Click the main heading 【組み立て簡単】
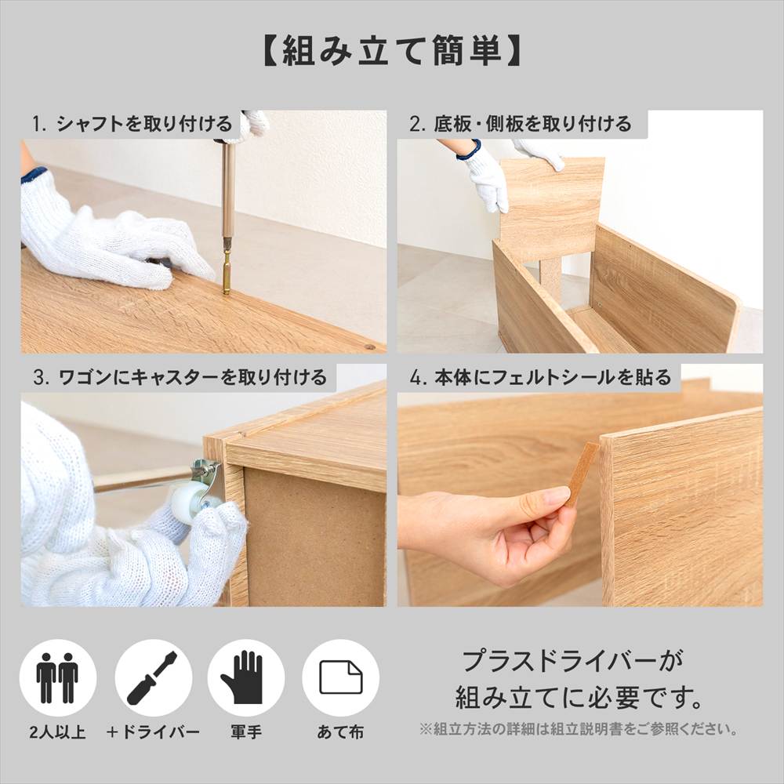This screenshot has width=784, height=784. (391, 51)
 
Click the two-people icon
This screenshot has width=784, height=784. (57, 677)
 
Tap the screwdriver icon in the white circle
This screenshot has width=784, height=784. (153, 677)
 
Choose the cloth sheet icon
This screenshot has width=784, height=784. (340, 677)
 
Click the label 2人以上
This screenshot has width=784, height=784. (57, 732)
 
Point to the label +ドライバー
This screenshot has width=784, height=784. (153, 732)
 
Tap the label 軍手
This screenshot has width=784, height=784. (245, 732)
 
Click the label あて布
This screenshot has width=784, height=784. (340, 732)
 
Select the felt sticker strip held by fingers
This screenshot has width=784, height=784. (583, 474)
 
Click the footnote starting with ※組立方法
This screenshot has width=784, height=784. (579, 729)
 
